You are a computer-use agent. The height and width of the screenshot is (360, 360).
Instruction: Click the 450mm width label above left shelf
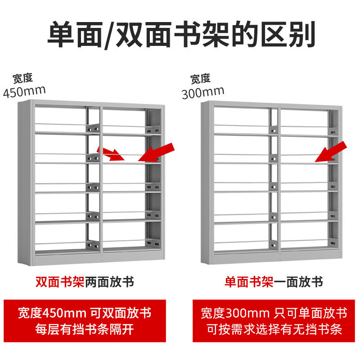pyautogui.click(x=24, y=92)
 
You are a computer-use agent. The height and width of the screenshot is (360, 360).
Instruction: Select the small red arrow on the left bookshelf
pyautogui.click(x=111, y=153)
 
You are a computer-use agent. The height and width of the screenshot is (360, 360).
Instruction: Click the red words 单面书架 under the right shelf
pyautogui.click(x=249, y=282)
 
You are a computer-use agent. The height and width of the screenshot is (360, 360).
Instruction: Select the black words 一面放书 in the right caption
pyautogui.click(x=298, y=282)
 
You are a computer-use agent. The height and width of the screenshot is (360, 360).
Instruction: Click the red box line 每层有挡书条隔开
pyautogui.click(x=85, y=329)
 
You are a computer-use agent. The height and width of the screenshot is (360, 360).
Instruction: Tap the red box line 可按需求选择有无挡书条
pyautogui.click(x=274, y=329)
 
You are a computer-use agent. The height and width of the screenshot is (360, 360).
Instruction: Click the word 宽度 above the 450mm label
pyautogui.click(x=23, y=78)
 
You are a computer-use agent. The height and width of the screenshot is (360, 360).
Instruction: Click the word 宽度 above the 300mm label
pyautogui.click(x=200, y=79)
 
